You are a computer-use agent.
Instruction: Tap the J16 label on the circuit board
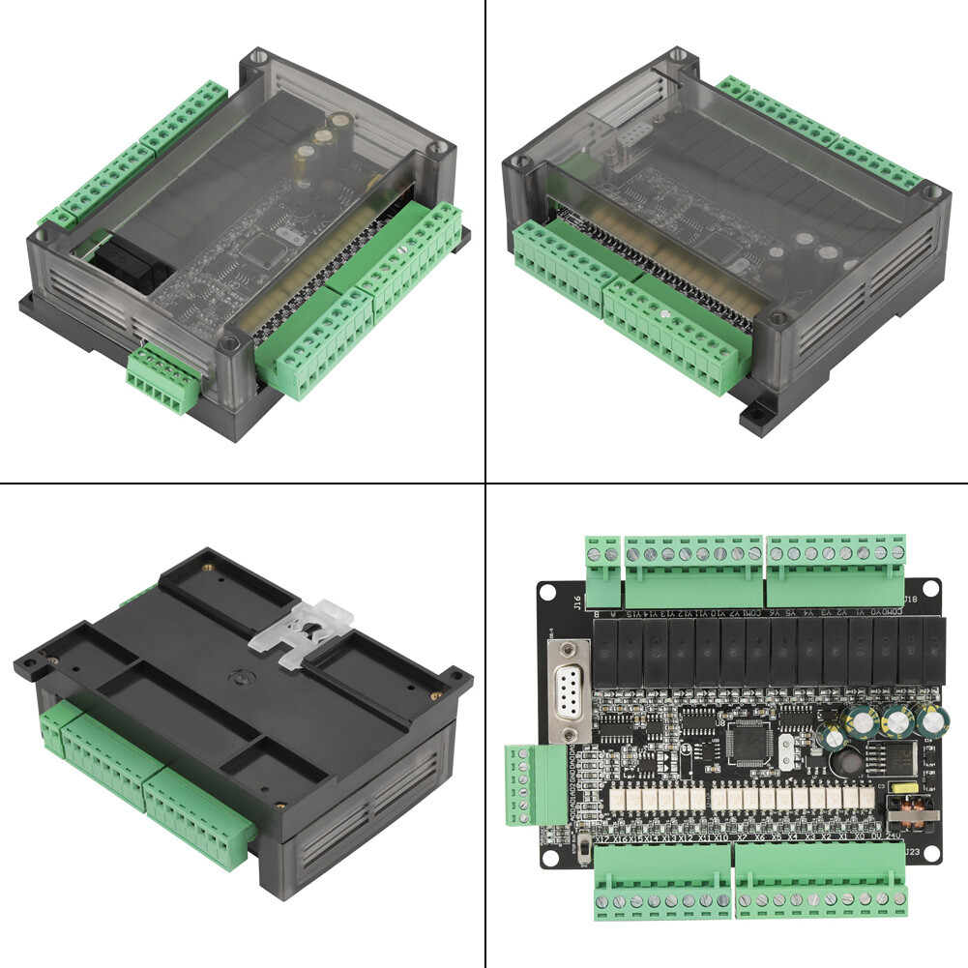coord(577,604)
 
